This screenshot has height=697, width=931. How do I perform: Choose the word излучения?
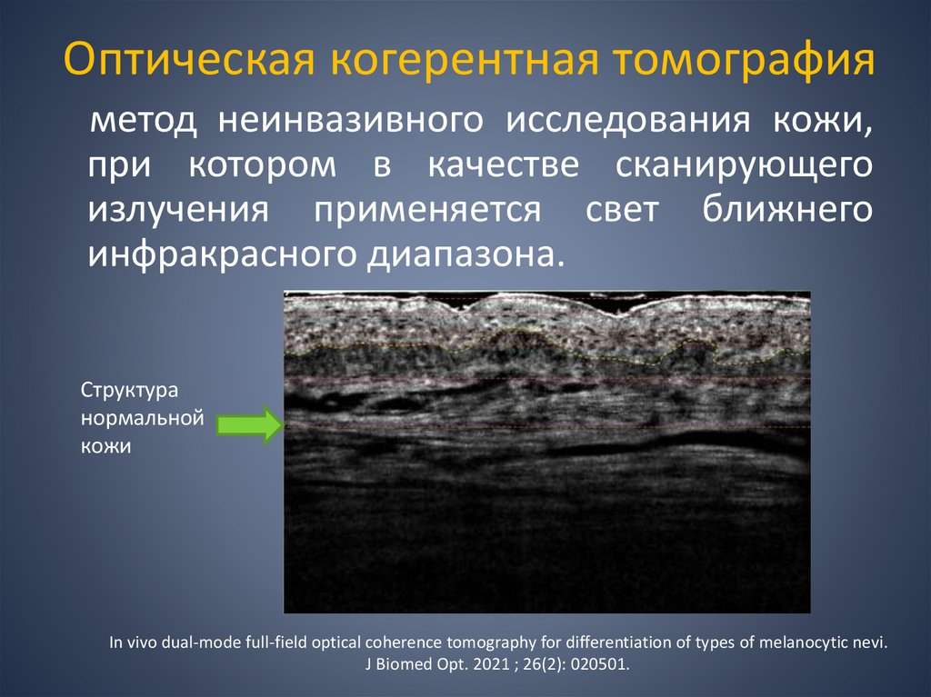point(179,210)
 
